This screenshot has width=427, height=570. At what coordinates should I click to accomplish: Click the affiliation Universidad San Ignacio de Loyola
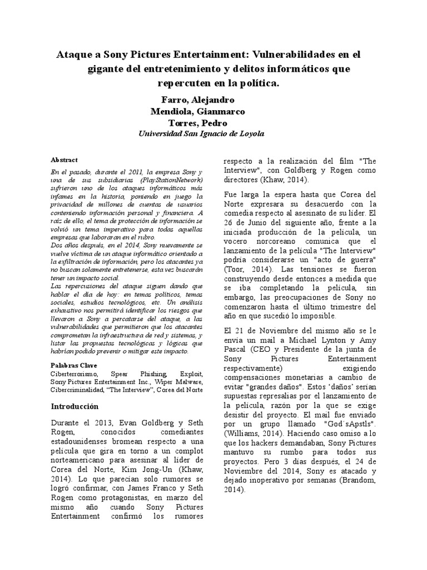[201, 134]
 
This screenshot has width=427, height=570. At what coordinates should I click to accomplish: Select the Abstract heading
[64, 160]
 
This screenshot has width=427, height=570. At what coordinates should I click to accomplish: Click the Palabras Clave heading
[73, 365]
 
